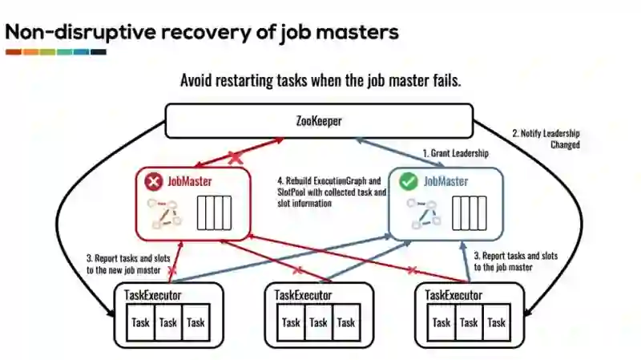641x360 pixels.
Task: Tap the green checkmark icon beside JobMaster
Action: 408,182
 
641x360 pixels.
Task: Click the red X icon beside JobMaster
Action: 153,182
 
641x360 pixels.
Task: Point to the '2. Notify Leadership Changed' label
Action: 545,139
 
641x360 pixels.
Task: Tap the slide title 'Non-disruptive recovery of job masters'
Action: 201,33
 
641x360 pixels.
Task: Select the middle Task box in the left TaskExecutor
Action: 167,322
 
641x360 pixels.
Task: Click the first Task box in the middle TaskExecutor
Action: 291,322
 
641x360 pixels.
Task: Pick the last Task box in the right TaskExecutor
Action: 496,322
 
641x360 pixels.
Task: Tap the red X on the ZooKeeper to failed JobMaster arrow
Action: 236,159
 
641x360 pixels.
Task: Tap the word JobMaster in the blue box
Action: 445,181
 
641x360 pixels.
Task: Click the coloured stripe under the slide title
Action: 55,52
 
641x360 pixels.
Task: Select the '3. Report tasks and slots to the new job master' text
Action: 126,264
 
